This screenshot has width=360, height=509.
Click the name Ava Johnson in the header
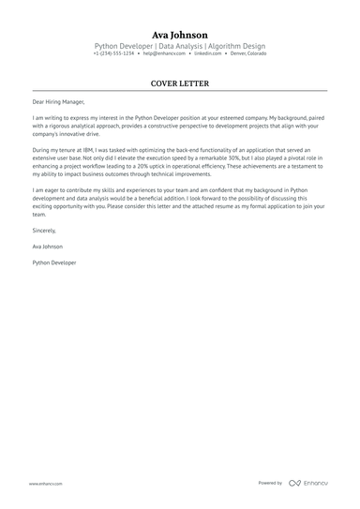pos(180,34)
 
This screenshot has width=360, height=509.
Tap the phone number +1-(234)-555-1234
pos(113,53)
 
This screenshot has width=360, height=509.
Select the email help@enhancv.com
pos(163,53)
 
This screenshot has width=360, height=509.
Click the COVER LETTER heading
pos(180,83)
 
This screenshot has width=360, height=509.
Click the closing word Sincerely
pos(44,230)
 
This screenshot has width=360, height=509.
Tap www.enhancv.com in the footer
pos(45,484)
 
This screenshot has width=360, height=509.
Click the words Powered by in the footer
pos(270,483)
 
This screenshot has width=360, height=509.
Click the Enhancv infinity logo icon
pos(294,483)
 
